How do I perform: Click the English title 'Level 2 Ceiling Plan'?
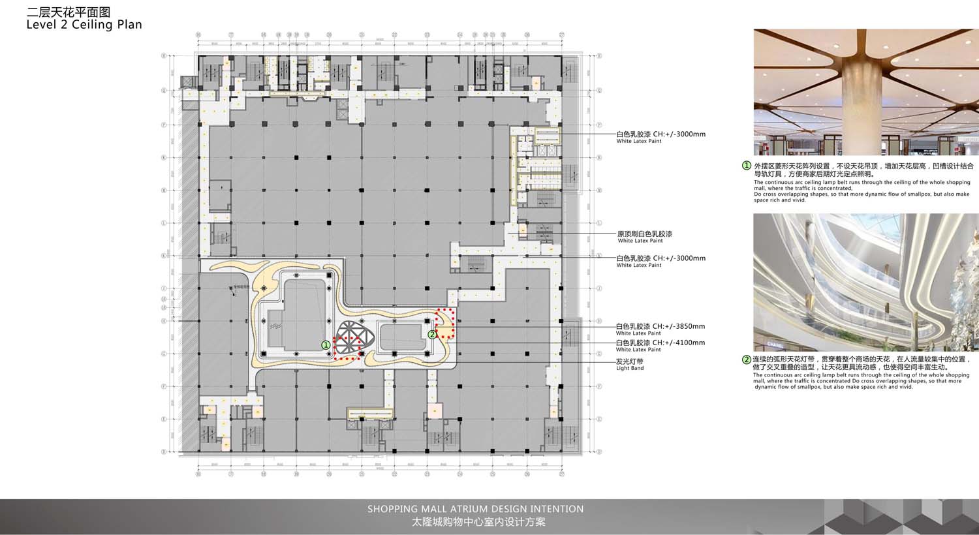(x=84, y=25)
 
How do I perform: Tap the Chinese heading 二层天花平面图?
(x=69, y=12)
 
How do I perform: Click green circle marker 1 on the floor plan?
(x=326, y=344)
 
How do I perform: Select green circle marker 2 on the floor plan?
(x=431, y=335)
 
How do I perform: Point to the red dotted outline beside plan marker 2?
(x=446, y=324)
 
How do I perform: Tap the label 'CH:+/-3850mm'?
(x=679, y=326)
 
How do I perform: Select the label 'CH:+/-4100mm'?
(x=679, y=343)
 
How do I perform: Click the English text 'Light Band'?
(x=630, y=368)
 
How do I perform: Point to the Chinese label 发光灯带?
(x=630, y=361)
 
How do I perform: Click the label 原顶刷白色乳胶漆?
(x=645, y=234)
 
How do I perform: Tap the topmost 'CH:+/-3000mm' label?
(x=679, y=134)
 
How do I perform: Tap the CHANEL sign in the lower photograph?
(x=775, y=344)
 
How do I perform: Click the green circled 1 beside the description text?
(x=747, y=166)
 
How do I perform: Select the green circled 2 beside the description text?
(x=747, y=359)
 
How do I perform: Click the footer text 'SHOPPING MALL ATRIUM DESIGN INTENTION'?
(x=475, y=509)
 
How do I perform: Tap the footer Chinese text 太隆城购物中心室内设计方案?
(x=478, y=522)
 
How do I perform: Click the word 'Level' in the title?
(x=40, y=25)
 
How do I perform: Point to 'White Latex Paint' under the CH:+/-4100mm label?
(x=639, y=350)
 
